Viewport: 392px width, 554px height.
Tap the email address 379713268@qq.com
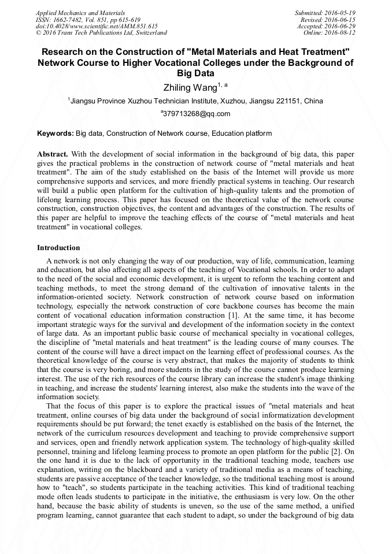(197, 114)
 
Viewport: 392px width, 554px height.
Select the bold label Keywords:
(56, 133)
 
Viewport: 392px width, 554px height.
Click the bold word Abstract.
(52, 154)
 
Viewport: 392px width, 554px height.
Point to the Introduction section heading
(58, 248)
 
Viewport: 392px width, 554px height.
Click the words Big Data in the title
(196, 73)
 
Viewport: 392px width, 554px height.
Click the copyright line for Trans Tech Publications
(101, 33)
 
